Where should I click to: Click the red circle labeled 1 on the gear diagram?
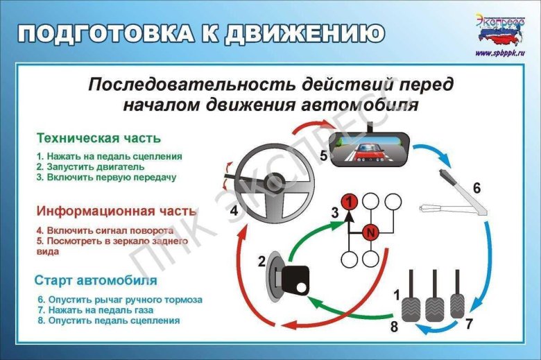(x=352, y=202)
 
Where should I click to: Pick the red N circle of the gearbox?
(x=371, y=232)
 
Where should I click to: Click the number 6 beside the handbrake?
(x=476, y=187)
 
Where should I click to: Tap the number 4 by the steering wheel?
(x=234, y=209)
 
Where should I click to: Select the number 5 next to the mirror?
(x=324, y=156)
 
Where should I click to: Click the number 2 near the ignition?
(x=261, y=262)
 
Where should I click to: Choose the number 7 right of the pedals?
(x=469, y=323)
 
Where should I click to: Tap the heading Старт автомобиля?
(x=96, y=281)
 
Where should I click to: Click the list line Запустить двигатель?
(x=90, y=166)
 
